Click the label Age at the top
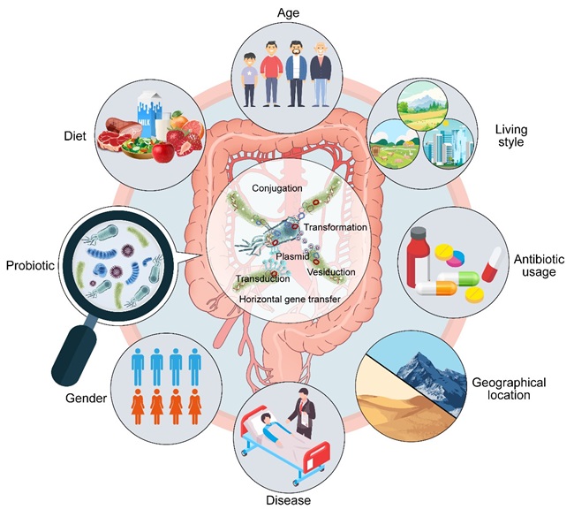click(287, 14)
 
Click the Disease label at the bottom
click(287, 500)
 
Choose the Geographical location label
click(510, 389)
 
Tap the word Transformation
click(335, 227)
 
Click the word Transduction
click(262, 280)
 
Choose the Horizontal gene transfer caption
click(290, 300)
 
